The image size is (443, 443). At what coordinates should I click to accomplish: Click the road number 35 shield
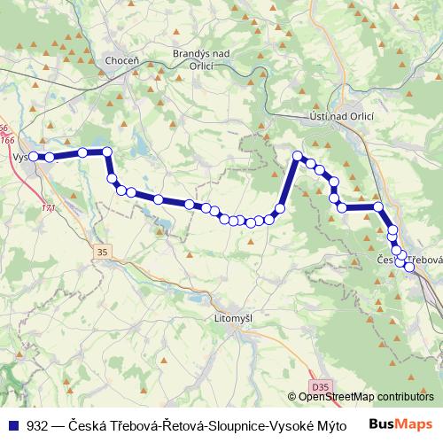click(102, 253)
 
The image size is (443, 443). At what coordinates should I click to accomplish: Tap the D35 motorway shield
click(319, 386)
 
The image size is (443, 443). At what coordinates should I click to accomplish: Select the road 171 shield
click(47, 207)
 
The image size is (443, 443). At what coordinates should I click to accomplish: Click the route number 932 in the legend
click(38, 424)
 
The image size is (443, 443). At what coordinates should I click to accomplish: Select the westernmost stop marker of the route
click(33, 157)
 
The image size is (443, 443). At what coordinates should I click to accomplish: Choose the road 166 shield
click(8, 140)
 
